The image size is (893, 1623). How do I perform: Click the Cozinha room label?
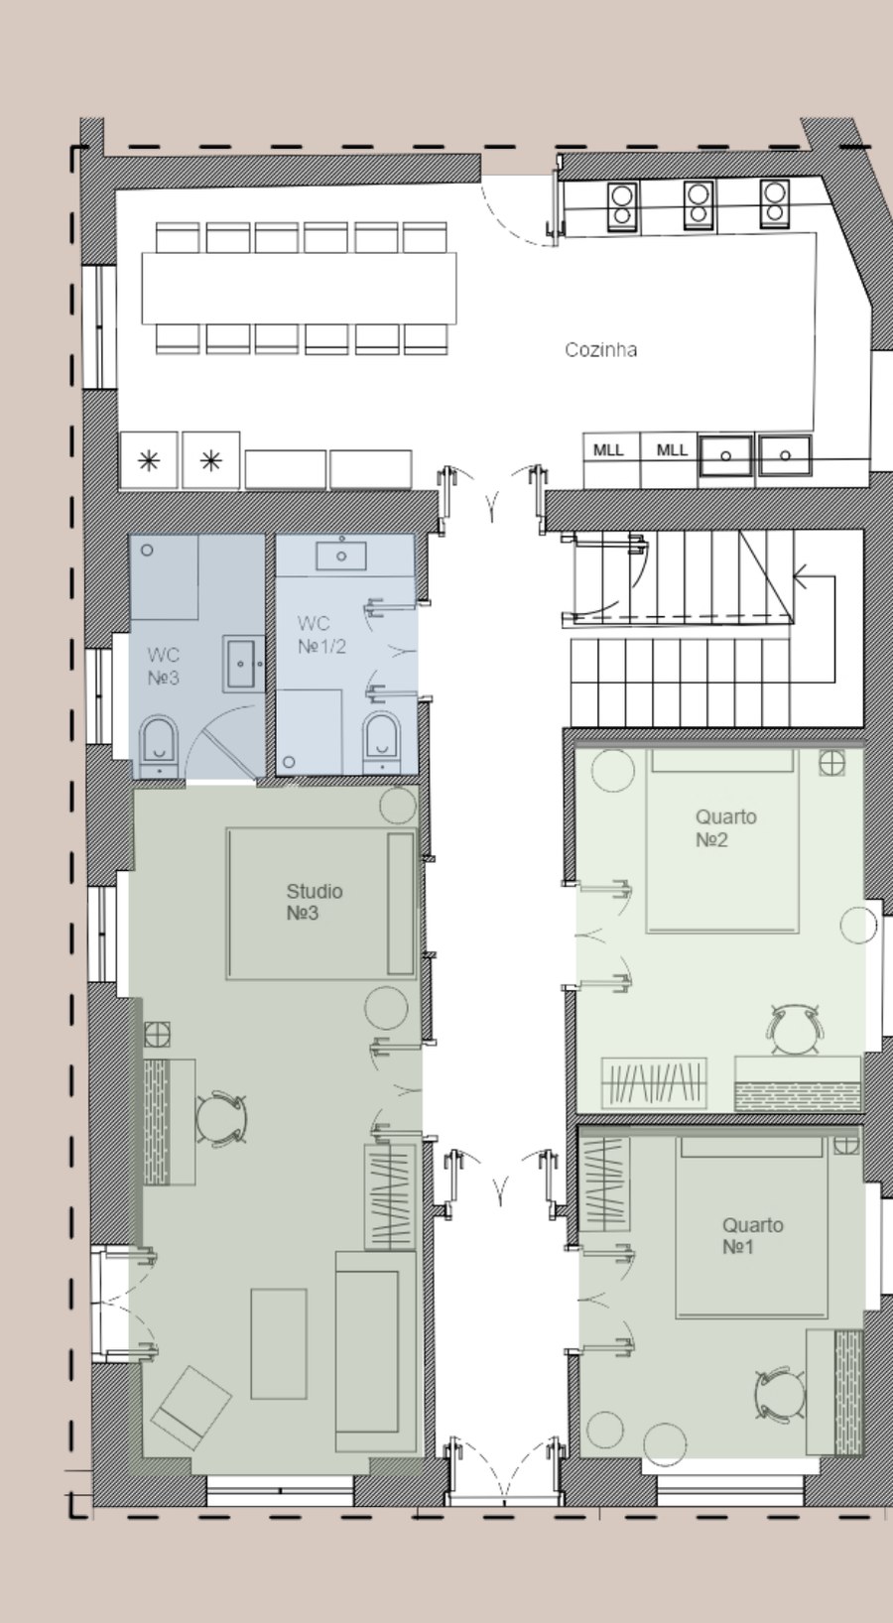point(600,349)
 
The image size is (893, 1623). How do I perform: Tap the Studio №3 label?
point(314,902)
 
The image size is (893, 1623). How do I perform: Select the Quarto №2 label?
point(725,828)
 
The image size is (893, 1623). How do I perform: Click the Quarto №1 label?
point(751,1236)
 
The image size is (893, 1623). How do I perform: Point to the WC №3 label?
point(163,667)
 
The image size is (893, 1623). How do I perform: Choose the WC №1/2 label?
point(320,635)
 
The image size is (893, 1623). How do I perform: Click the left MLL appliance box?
point(609,451)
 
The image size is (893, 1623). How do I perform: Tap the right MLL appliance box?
point(672,451)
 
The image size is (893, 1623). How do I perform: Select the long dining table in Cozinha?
point(299,288)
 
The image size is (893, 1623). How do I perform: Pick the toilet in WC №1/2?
point(382,741)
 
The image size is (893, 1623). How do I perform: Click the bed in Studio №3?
point(319,903)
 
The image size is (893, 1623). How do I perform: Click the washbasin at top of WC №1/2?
point(341,555)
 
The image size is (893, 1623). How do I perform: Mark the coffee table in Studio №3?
point(278,1343)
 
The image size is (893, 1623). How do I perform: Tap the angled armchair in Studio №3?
point(191,1407)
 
